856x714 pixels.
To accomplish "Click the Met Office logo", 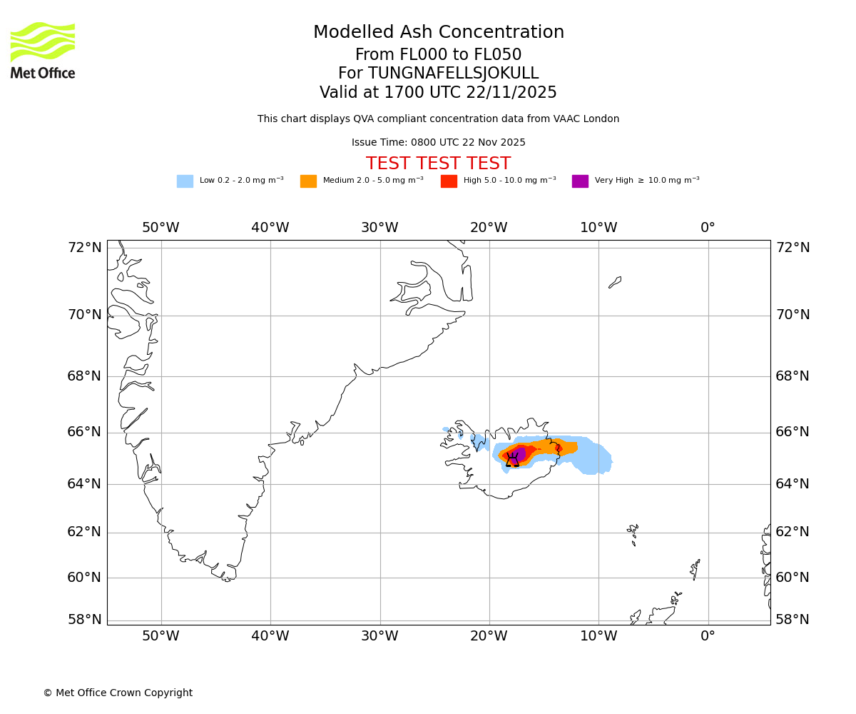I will click(43, 50).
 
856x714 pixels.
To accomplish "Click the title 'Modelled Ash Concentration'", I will click(439, 33).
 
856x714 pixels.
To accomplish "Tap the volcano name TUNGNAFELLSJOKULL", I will click(453, 74).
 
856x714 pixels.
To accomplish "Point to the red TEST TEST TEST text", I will click(438, 164).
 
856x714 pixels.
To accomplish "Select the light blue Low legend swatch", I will click(185, 181).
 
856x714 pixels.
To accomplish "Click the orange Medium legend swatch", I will click(308, 181).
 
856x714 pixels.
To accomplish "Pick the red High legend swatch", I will click(449, 181).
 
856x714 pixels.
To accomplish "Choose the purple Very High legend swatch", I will click(580, 181).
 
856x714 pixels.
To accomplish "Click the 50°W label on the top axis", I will click(160, 228).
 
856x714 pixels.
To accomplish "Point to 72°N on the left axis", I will click(85, 248).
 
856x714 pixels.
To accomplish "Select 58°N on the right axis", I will click(793, 620).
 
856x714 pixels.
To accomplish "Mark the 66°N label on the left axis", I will click(85, 432).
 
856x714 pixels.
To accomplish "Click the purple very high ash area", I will click(519, 455).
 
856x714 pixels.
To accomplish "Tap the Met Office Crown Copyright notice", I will click(118, 693).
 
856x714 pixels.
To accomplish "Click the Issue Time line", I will click(438, 143).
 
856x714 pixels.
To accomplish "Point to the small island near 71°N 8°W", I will click(615, 282).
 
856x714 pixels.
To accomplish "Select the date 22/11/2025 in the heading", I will click(511, 93).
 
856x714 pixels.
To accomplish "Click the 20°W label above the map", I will click(489, 228).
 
